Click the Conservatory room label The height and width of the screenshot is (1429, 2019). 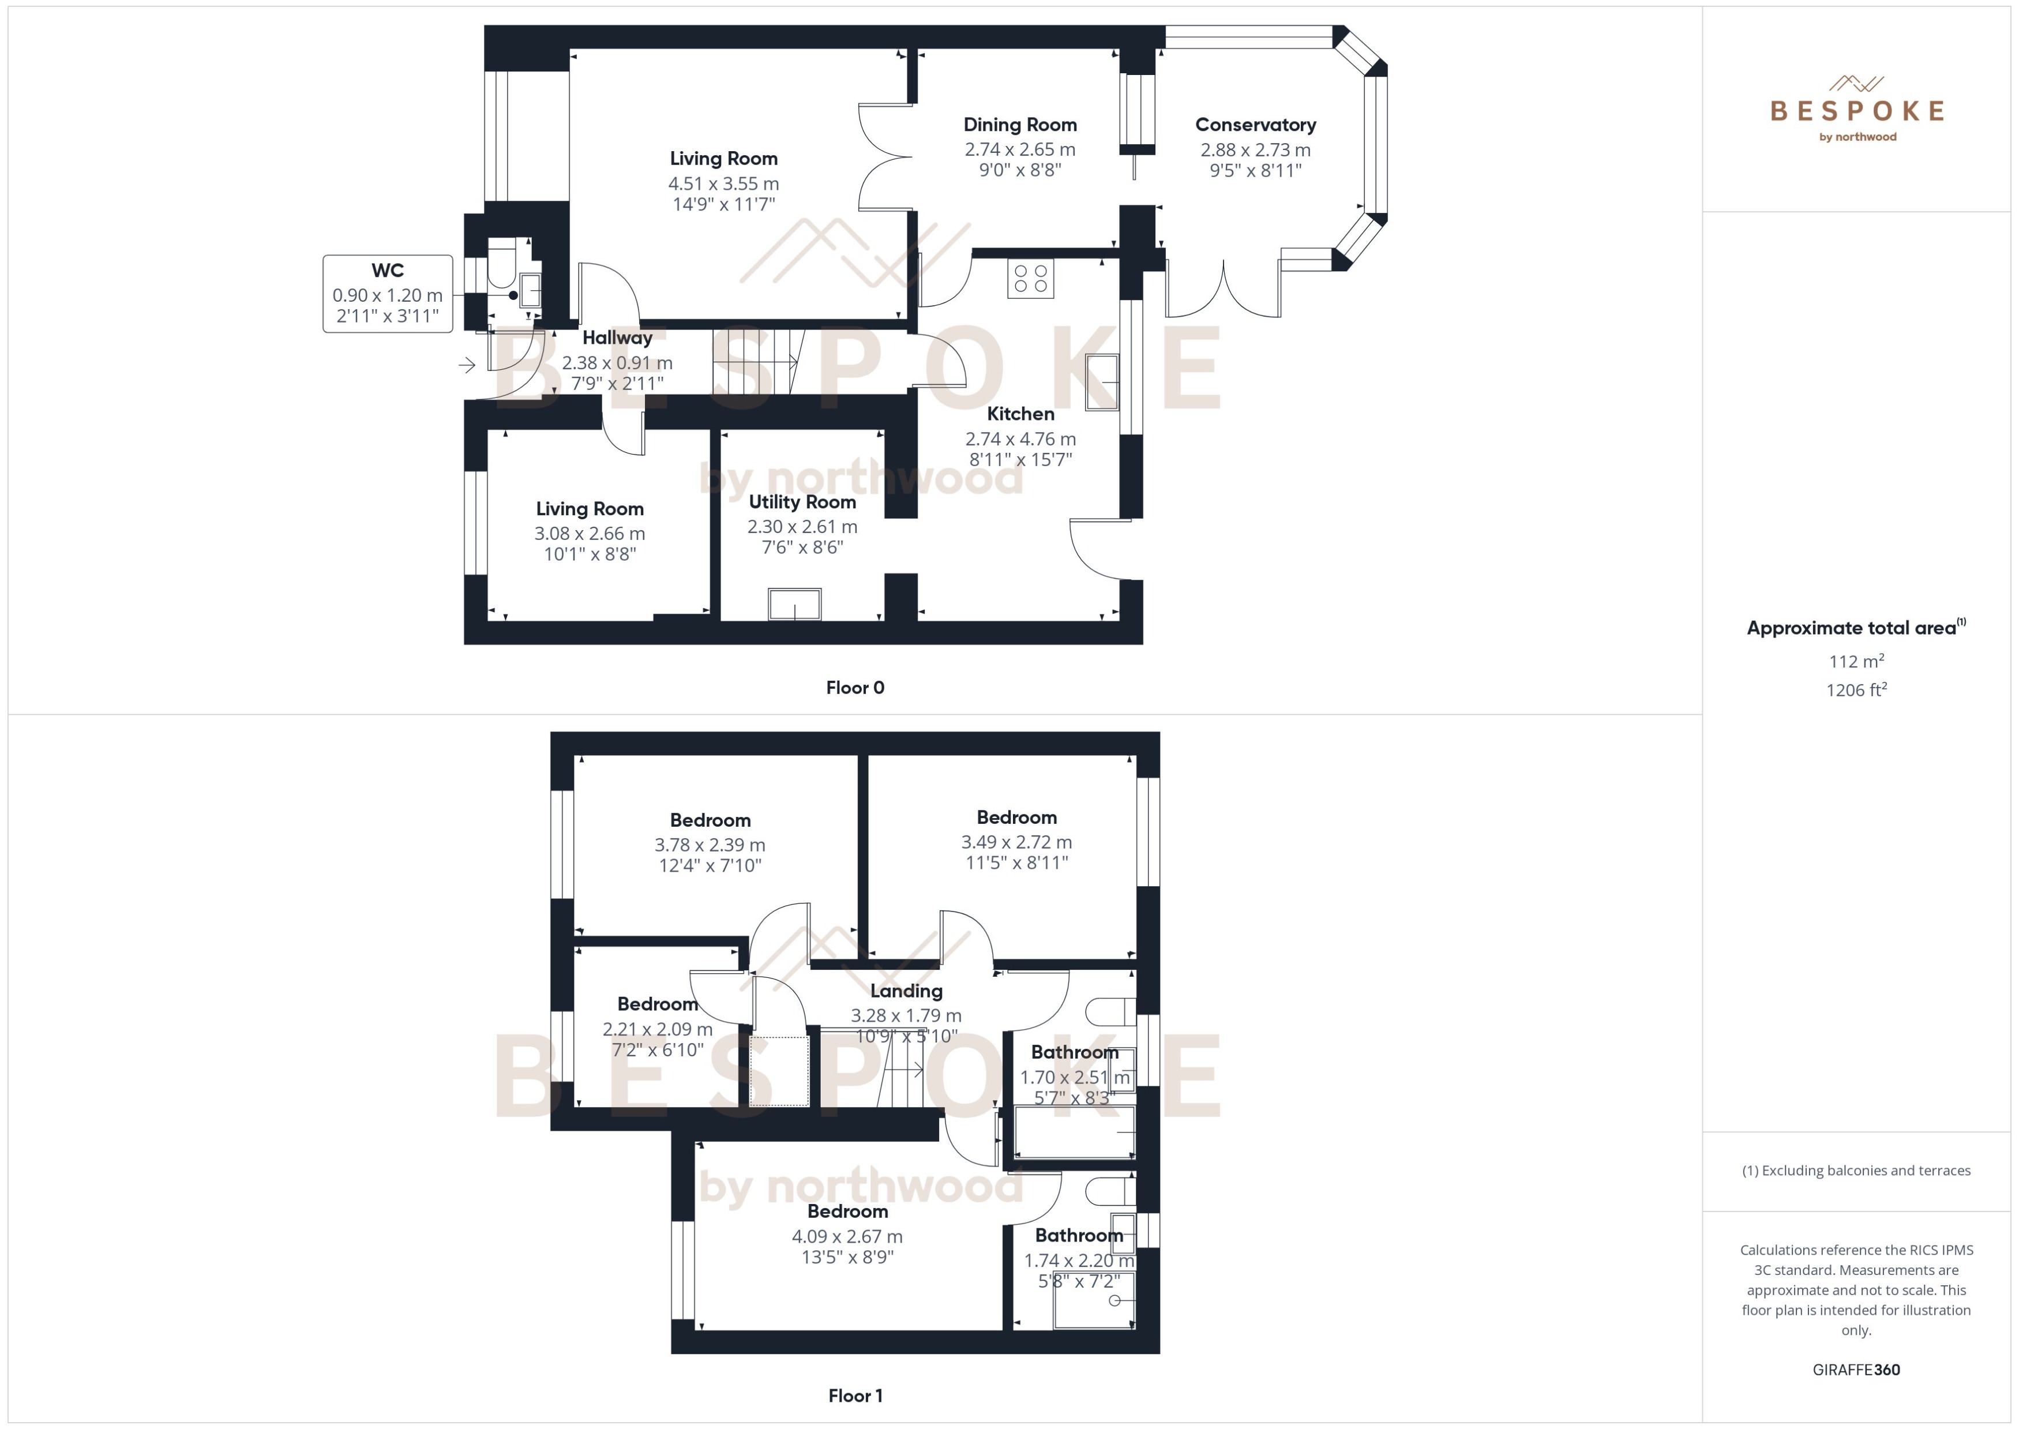[1255, 125]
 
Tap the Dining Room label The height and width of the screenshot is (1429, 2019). [1020, 125]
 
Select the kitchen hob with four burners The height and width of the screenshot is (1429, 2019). [1030, 279]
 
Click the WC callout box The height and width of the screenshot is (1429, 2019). [388, 294]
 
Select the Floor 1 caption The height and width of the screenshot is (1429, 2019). [854, 1396]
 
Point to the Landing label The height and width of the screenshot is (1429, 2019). [906, 991]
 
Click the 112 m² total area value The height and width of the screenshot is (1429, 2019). [1856, 661]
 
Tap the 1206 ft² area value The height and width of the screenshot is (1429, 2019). [1856, 690]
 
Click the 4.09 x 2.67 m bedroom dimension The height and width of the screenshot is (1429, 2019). [847, 1236]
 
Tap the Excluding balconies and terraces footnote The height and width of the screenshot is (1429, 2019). [1856, 1171]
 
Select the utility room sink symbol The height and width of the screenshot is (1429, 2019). [794, 605]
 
